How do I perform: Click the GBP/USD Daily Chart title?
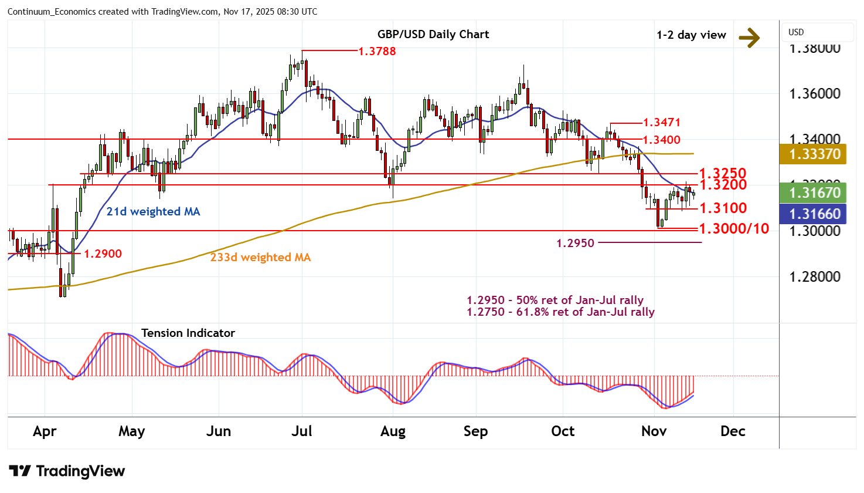click(433, 34)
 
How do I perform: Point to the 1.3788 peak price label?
click(377, 51)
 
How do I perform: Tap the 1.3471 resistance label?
click(662, 122)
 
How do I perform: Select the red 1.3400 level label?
click(662, 140)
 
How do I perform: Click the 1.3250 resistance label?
click(723, 173)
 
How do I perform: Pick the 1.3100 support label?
click(723, 208)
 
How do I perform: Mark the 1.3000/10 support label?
click(734, 228)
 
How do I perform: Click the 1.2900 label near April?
click(103, 254)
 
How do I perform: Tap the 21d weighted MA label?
click(153, 211)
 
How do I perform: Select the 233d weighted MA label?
click(260, 257)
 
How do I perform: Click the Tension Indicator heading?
click(188, 333)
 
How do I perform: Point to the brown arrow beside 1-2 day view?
click(749, 38)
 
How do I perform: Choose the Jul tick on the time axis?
click(301, 431)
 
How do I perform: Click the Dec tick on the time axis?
click(733, 431)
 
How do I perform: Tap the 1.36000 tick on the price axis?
click(815, 94)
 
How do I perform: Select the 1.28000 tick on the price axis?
click(815, 276)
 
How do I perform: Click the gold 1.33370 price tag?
click(815, 154)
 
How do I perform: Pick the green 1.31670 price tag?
click(815, 193)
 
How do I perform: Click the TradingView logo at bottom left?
click(67, 471)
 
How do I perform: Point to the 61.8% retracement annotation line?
click(560, 312)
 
